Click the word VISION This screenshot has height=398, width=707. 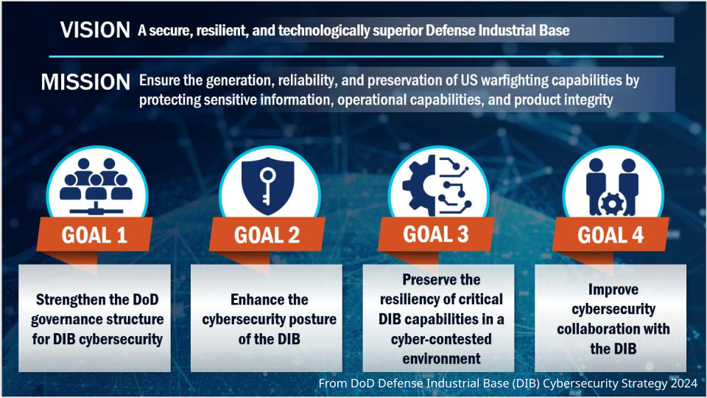coord(95,30)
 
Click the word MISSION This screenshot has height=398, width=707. coord(85,82)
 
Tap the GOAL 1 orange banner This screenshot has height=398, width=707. coord(94,234)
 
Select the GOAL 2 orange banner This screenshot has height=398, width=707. coord(267,234)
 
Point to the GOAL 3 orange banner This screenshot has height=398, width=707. coord(436,234)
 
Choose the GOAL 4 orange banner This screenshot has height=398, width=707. coord(611,234)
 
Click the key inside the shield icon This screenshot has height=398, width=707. coord(267,186)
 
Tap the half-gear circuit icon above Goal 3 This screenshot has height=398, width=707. coord(437,186)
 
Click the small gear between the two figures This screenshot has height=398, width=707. coord(612,204)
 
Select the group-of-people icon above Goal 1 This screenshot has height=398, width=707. coord(96,186)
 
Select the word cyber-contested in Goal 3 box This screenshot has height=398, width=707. coord(441,339)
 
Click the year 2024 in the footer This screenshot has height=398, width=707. coord(683,383)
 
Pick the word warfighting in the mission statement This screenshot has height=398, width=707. coord(515,80)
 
